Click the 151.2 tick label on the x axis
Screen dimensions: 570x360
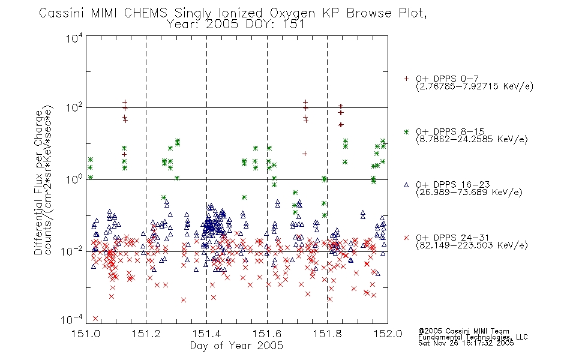146,334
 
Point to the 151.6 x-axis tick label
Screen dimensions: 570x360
267,334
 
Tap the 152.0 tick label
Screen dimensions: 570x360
388,334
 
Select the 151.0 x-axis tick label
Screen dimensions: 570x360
86,334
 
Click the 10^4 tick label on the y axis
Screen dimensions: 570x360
74,37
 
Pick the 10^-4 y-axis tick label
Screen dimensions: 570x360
72,319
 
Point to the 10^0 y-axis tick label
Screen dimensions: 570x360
74,179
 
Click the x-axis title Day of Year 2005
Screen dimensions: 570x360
236,346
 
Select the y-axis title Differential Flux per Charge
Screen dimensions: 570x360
38,182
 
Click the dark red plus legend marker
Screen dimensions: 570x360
406,79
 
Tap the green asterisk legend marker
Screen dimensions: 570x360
406,131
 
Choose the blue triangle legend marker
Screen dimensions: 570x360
406,185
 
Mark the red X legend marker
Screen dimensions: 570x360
406,238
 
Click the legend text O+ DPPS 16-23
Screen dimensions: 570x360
453,184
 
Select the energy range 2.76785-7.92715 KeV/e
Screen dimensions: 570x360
475,86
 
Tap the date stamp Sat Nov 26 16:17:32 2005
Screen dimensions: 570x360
466,343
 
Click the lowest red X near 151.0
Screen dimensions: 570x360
95,319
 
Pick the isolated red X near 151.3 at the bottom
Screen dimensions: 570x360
184,300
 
